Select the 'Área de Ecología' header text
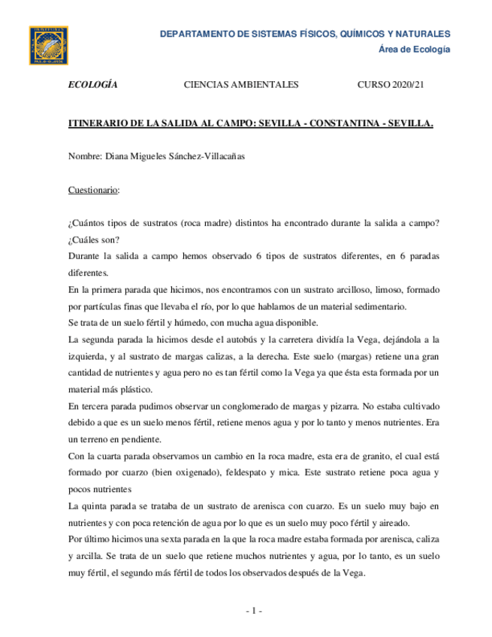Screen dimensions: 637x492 pyautogui.click(x=412, y=49)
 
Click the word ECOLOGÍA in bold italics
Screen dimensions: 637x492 pyautogui.click(x=92, y=86)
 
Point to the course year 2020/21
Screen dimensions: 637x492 pyautogui.click(x=406, y=86)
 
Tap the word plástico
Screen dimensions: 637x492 pyautogui.click(x=134, y=390)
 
